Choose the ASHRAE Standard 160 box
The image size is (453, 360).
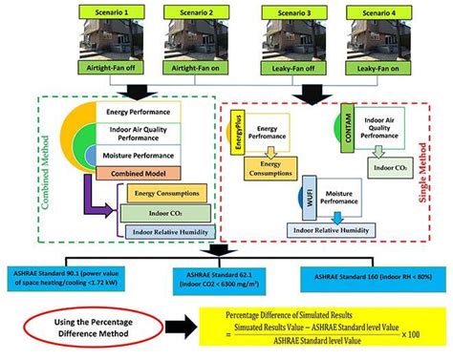(x=368, y=276)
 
